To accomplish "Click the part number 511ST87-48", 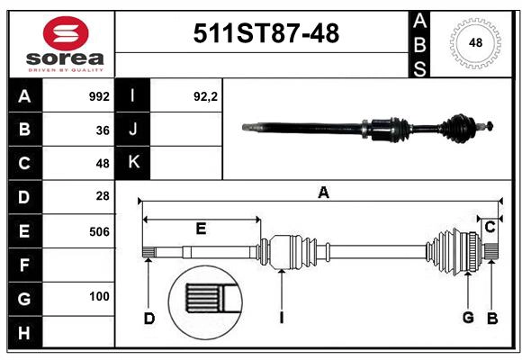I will tap(266, 34).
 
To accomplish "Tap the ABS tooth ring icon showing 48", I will tap(473, 41).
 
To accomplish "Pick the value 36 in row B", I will tap(103, 130).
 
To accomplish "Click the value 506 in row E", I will tap(99, 231).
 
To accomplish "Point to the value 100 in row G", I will tap(99, 296).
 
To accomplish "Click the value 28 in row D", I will tap(103, 195).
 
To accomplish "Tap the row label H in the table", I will tap(24, 333).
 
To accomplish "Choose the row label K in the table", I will tap(133, 162).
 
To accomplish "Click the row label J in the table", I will tap(133, 130).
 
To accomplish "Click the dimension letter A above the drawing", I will tap(323, 192).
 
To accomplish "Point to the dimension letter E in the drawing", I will tap(201, 229).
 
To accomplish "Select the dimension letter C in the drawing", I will tap(490, 228).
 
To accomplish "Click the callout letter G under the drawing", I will tap(468, 317).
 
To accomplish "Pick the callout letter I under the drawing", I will tap(282, 317).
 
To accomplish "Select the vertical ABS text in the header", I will tap(419, 41).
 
